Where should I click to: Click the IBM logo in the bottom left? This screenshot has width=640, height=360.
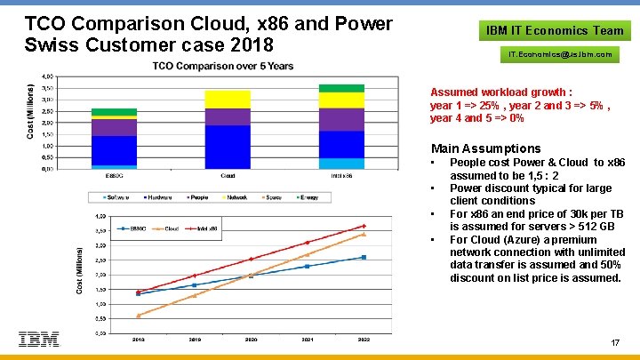pyautogui.click(x=38, y=339)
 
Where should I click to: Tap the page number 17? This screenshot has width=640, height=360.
pyautogui.click(x=616, y=343)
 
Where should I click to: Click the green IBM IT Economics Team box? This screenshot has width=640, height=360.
pyautogui.click(x=555, y=30)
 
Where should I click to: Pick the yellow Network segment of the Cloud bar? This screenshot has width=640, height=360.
pyautogui.click(x=228, y=99)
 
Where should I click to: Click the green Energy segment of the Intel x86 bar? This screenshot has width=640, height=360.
pyautogui.click(x=341, y=88)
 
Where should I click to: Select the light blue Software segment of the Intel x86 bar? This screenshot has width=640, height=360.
pyautogui.click(x=341, y=164)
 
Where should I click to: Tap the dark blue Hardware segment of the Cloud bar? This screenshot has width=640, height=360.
pyautogui.click(x=228, y=146)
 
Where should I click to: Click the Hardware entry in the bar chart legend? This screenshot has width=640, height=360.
pyautogui.click(x=158, y=196)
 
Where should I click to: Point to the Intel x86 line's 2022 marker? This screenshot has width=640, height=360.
pyautogui.click(x=364, y=226)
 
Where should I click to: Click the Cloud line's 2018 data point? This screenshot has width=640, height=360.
pyautogui.click(x=138, y=316)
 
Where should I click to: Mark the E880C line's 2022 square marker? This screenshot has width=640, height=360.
pyautogui.click(x=364, y=258)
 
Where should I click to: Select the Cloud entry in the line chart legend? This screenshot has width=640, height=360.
pyautogui.click(x=171, y=228)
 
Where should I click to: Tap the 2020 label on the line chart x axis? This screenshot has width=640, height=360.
pyautogui.click(x=251, y=339)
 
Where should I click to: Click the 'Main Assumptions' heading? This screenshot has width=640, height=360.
pyautogui.click(x=485, y=148)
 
